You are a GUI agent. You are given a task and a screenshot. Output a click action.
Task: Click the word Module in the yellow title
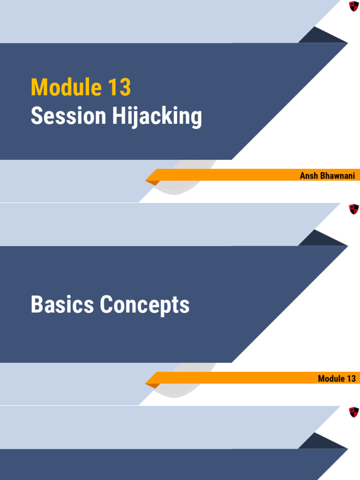pos(66,87)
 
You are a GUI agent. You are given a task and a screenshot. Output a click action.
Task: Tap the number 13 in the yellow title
pos(120,87)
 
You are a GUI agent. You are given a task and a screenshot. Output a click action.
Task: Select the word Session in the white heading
pos(68,116)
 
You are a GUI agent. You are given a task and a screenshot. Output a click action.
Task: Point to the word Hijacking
pos(157,117)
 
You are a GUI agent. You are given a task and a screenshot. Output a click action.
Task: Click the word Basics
pos(62,305)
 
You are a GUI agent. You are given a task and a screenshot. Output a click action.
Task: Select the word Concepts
pos(145,305)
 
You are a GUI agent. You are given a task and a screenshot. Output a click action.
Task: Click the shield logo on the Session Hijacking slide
pos(354,7)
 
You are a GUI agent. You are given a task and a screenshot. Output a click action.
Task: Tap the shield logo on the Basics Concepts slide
pos(354,210)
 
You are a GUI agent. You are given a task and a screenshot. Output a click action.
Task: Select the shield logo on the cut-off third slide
pos(354,412)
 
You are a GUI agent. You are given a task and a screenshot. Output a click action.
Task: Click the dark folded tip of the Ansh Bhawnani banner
pos(153,182)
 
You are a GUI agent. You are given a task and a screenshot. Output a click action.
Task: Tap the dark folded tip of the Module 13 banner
pos(153,385)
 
